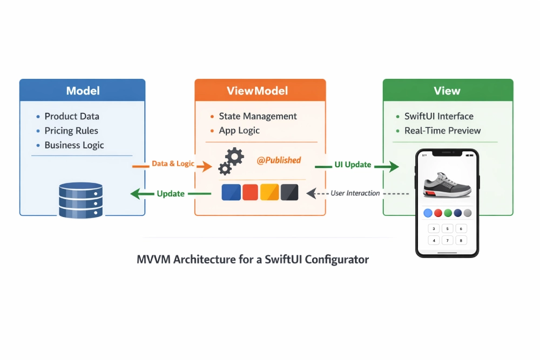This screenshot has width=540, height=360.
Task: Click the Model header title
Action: click(x=83, y=91)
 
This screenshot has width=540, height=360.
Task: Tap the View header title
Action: click(x=448, y=91)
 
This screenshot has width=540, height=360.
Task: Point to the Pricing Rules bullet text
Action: click(x=71, y=131)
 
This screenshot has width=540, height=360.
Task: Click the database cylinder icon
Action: click(x=80, y=200)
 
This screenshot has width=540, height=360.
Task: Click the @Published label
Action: click(x=279, y=160)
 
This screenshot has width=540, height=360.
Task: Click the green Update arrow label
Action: click(x=171, y=193)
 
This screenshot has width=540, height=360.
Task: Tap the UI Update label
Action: click(x=353, y=164)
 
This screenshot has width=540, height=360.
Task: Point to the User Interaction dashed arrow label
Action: click(x=355, y=193)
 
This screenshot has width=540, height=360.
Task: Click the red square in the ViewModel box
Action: click(x=251, y=192)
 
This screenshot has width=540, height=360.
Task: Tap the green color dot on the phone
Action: click(x=448, y=213)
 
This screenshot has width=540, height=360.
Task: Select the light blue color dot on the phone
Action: click(x=428, y=213)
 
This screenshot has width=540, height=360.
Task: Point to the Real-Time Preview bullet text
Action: click(x=442, y=131)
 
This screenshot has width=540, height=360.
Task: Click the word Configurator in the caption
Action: click(x=336, y=260)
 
